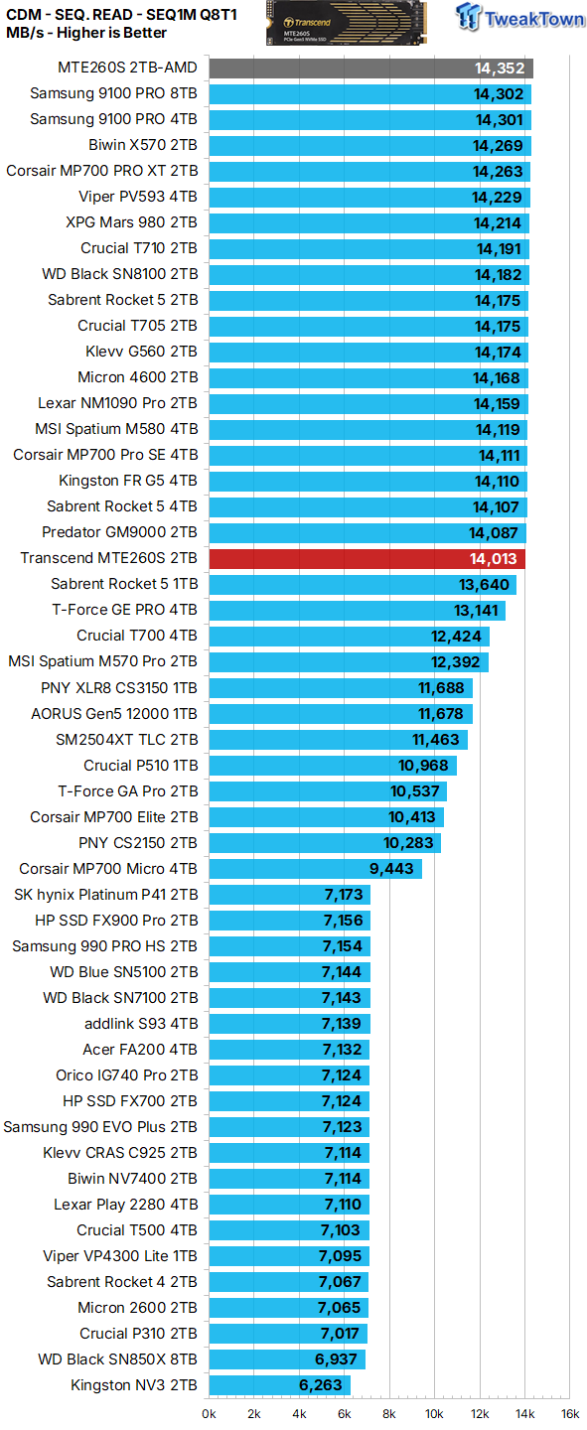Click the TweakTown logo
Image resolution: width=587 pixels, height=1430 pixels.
518,18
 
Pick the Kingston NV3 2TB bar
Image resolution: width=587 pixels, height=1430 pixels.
278,1385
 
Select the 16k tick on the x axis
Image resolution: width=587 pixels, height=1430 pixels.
568,1413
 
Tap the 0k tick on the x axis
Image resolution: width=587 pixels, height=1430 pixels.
210,1413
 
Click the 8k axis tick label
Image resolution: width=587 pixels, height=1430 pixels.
389,1413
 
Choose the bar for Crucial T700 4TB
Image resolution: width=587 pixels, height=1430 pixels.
349,637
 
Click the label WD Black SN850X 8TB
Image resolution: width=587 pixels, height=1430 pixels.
117,1359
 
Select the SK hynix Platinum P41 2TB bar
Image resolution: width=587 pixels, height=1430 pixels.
289,895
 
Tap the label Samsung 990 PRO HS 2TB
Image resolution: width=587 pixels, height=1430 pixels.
104,946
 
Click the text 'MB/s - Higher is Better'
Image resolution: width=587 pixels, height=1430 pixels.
86,33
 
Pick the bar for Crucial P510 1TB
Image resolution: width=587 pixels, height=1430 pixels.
332,766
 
